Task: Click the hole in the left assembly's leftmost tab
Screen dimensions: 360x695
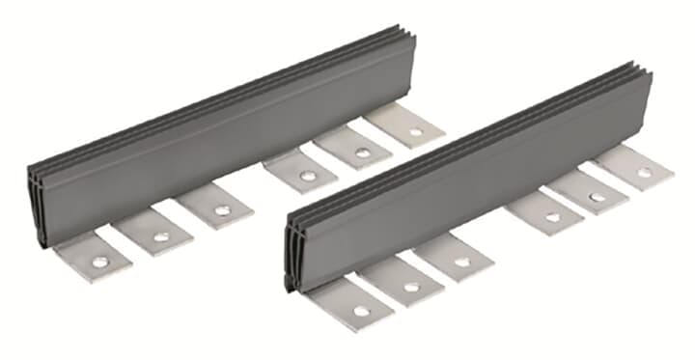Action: tap(98, 261)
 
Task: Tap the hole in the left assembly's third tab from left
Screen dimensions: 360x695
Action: tap(221, 210)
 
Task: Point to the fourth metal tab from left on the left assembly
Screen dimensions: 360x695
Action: tap(300, 174)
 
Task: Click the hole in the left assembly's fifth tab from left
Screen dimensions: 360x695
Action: tap(362, 152)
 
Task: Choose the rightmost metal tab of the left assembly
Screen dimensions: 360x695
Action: tap(405, 125)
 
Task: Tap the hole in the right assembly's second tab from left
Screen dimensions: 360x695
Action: tap(411, 287)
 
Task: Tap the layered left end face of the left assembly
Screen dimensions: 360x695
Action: tap(36, 208)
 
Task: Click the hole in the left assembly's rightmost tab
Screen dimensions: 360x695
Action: tap(415, 131)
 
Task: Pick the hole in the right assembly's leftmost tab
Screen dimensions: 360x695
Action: tap(360, 311)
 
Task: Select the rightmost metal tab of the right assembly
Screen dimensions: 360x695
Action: tap(632, 169)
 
